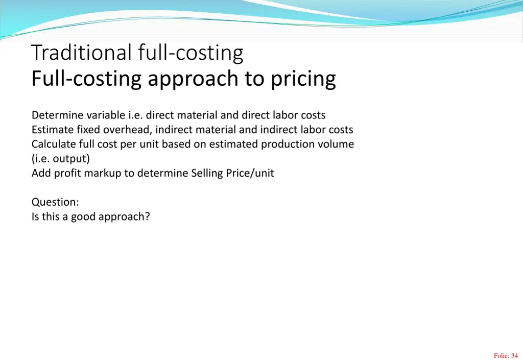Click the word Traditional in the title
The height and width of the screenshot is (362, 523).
click(82, 53)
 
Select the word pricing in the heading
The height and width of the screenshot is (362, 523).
click(303, 79)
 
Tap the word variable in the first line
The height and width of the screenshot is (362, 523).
click(106, 115)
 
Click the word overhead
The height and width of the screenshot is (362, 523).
click(125, 130)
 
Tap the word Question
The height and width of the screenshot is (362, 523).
click(55, 202)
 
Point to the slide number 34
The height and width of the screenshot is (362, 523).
click(514, 356)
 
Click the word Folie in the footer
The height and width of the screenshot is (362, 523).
click(501, 356)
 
